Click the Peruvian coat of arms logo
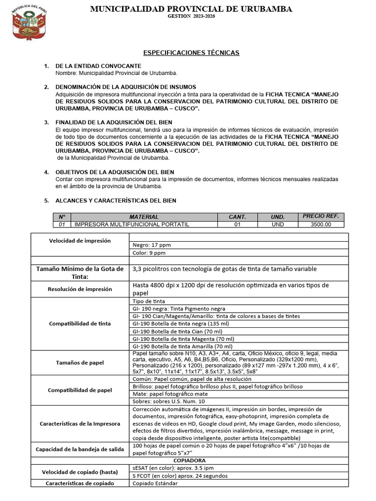click(x=28, y=23)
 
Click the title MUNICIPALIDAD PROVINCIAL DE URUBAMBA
click(x=191, y=9)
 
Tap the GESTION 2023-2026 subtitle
click(x=191, y=17)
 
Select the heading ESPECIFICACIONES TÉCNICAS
click(x=191, y=52)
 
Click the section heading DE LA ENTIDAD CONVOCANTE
click(x=98, y=66)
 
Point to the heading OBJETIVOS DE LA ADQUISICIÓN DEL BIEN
click(x=115, y=172)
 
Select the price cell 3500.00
click(x=320, y=225)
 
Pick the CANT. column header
click(x=237, y=217)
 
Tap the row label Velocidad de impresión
click(x=80, y=241)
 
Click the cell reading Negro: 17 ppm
click(x=152, y=245)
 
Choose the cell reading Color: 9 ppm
click(x=149, y=253)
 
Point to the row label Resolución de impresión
click(x=80, y=289)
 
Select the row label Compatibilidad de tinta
click(x=80, y=323)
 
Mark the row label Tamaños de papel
click(x=80, y=362)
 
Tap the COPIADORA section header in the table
click(x=189, y=461)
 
